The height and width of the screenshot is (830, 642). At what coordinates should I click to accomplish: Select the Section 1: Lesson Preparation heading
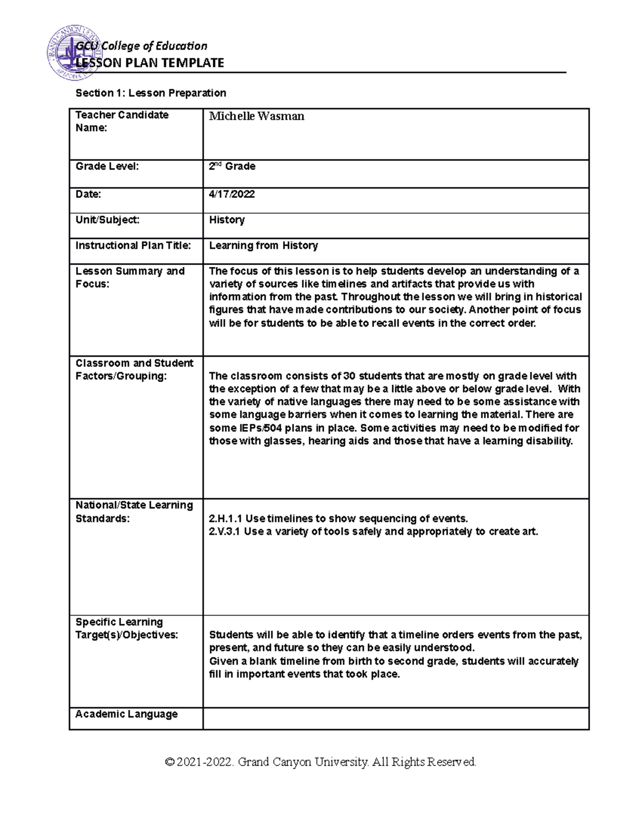click(151, 93)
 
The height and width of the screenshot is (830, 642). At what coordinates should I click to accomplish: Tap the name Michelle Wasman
click(256, 116)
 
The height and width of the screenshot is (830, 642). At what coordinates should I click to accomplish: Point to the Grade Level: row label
click(107, 166)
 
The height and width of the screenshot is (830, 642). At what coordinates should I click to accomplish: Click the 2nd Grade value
click(232, 166)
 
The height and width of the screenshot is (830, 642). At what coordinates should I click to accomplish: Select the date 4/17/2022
click(232, 195)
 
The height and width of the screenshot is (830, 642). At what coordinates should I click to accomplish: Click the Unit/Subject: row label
click(108, 220)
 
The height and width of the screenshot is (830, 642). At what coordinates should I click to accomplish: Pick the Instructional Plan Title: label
click(133, 245)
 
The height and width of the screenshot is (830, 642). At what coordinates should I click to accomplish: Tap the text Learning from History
click(263, 245)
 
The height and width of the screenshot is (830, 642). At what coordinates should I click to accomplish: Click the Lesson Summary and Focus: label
click(130, 277)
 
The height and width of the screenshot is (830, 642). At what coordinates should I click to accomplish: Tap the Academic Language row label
click(126, 714)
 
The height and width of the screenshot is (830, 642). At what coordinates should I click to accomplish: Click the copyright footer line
click(321, 762)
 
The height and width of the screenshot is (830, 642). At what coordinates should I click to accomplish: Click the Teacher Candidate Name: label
click(122, 121)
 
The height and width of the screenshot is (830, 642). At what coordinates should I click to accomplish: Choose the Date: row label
click(88, 195)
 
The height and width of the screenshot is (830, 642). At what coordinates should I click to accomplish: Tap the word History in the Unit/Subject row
click(227, 220)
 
